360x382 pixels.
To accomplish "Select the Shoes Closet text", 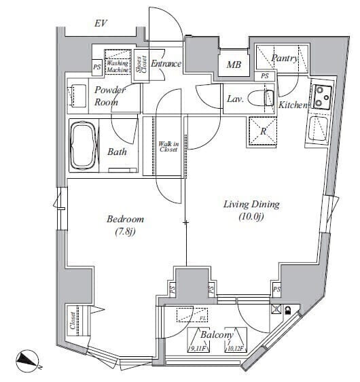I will (x=141, y=66).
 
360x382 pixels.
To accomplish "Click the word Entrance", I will (x=166, y=64).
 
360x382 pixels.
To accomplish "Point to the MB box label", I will (x=234, y=65).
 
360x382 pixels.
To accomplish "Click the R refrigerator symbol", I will (x=263, y=130).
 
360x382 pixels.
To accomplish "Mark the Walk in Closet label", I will (x=168, y=147).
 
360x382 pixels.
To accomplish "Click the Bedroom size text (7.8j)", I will (x=125, y=233).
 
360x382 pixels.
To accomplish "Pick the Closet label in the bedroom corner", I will (x=72, y=320).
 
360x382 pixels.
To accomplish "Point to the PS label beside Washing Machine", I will (x=97, y=67).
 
